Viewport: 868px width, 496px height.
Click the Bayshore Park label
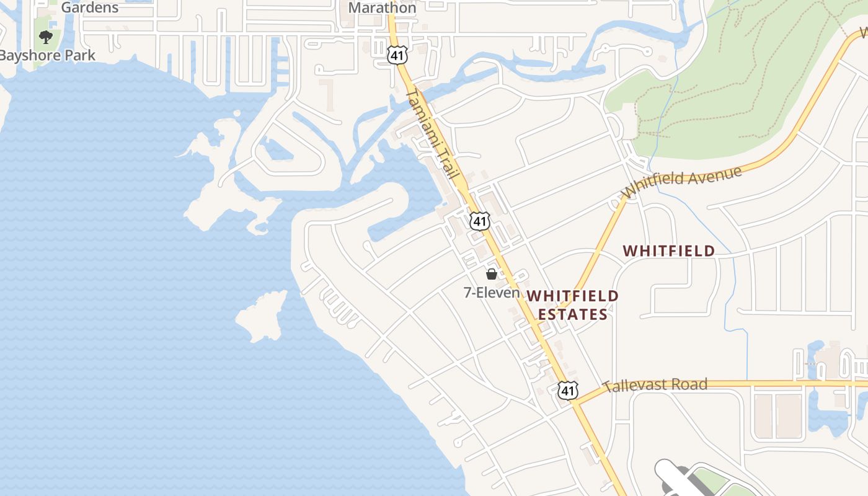coord(47,55)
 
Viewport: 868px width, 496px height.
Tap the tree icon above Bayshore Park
coord(46,37)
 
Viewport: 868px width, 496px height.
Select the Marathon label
coord(382,8)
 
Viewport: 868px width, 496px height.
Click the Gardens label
coord(90,8)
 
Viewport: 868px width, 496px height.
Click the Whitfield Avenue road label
coord(683,182)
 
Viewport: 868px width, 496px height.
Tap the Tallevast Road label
coord(655,385)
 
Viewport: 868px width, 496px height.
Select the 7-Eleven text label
coord(492,292)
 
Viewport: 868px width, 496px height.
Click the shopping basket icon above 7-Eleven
coord(492,274)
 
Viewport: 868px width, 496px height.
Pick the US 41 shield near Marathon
coord(397,55)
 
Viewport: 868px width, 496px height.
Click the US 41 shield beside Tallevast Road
coord(568,390)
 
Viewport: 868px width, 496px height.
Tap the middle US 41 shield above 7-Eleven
coord(479,220)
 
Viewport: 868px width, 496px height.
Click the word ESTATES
coord(572,315)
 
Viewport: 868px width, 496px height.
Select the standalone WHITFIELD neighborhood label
coord(669,251)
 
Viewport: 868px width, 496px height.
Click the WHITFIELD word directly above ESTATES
coord(573,296)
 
